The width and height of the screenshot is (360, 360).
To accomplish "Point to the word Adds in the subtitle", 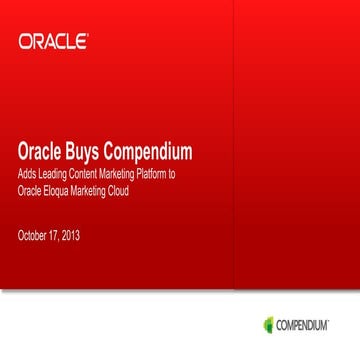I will pos(28,176).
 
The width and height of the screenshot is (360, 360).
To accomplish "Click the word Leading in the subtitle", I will pos(49,176).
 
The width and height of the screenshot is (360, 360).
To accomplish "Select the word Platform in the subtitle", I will pos(148,176).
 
